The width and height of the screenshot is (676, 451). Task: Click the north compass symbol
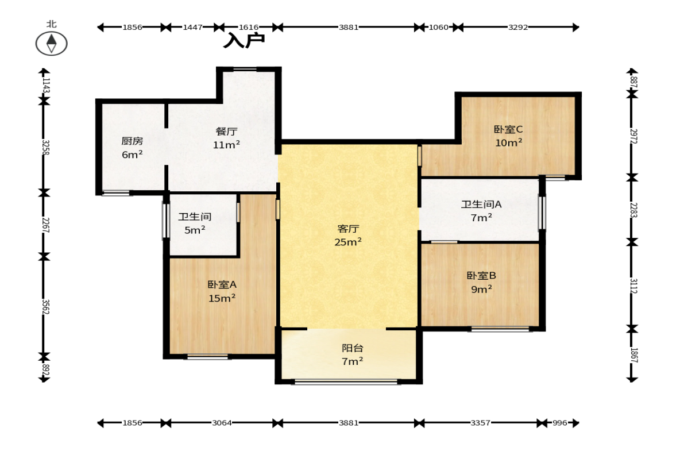pyautogui.click(x=51, y=44)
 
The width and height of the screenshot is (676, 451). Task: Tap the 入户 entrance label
pyautogui.click(x=244, y=40)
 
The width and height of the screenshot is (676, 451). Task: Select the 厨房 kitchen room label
pyautogui.click(x=132, y=141)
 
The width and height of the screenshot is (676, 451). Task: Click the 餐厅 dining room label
pyautogui.click(x=226, y=132)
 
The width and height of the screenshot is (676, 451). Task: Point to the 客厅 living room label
pyautogui.click(x=348, y=229)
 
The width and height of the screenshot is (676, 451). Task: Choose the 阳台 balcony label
pyautogui.click(x=352, y=348)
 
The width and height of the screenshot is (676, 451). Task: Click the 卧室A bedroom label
pyautogui.click(x=222, y=284)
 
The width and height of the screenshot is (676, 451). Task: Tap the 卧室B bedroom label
pyautogui.click(x=481, y=276)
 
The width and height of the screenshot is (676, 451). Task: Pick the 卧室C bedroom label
pyautogui.click(x=508, y=129)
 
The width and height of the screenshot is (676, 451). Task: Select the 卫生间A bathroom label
pyautogui.click(x=481, y=205)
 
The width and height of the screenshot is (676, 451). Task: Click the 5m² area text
pyautogui.click(x=195, y=230)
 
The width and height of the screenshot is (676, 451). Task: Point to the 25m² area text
pyautogui.click(x=348, y=242)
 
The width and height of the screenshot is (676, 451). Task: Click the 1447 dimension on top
pyautogui.click(x=192, y=27)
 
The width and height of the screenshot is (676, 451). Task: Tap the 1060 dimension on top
pyautogui.click(x=438, y=27)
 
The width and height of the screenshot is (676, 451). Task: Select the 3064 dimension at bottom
pyautogui.click(x=222, y=423)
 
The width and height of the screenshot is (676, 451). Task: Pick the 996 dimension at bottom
pyautogui.click(x=559, y=423)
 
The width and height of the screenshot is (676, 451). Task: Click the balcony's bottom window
pyautogui.click(x=347, y=381)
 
